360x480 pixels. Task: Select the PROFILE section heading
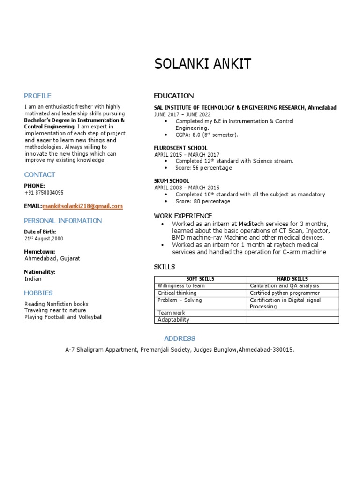[37, 96]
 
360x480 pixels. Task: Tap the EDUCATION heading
[173, 96]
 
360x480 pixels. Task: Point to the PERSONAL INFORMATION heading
[63, 221]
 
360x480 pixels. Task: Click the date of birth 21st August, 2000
[44, 239]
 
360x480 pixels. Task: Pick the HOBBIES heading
[38, 293]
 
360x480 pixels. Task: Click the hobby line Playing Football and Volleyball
[63, 317]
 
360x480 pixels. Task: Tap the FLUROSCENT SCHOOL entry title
[181, 148]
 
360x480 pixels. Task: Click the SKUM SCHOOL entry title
[172, 181]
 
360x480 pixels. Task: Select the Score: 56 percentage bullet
[203, 168]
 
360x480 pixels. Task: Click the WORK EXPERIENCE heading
[183, 216]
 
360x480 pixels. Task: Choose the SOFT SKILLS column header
[201, 279]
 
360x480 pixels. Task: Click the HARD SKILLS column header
[292, 279]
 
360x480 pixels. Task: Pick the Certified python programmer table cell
[285, 293]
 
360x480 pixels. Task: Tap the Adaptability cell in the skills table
[173, 320]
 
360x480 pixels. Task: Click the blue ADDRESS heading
[180, 338]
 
